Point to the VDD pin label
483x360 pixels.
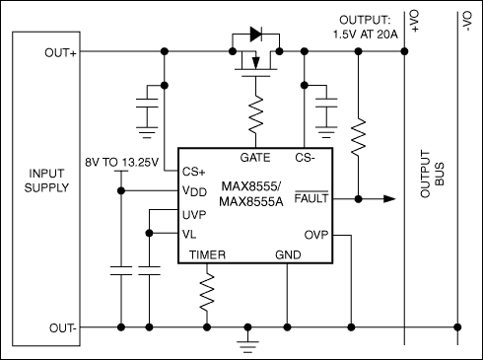click(x=194, y=190)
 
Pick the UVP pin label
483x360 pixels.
click(x=195, y=213)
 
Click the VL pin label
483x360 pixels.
click(x=190, y=234)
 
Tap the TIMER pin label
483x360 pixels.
click(x=207, y=255)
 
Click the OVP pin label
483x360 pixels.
click(x=315, y=234)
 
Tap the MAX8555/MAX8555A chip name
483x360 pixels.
click(x=252, y=194)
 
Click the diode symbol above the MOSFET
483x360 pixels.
click(x=256, y=34)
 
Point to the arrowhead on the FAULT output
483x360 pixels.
click(x=389, y=199)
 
